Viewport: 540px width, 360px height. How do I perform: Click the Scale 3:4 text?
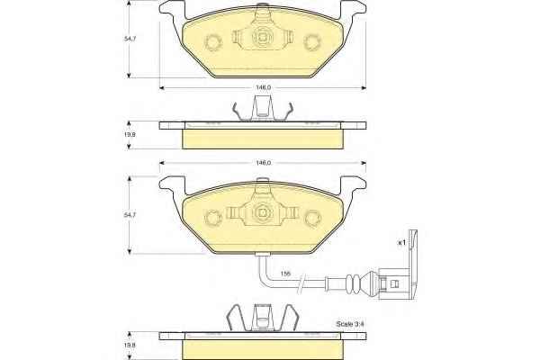pos(350,324)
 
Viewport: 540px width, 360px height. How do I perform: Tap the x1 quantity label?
pos(401,243)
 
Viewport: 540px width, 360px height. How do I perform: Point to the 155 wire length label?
pos(285,274)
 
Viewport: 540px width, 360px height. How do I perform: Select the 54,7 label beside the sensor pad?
pos(130,214)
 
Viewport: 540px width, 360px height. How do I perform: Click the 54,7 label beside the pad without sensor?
pos(130,39)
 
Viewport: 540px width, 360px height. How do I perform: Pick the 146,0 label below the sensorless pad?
pos(263,88)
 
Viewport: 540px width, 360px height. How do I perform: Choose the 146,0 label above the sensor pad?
pos(263,163)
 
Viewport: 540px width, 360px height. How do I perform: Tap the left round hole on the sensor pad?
pos(212,218)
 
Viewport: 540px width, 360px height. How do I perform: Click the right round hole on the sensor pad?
pos(313,218)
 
